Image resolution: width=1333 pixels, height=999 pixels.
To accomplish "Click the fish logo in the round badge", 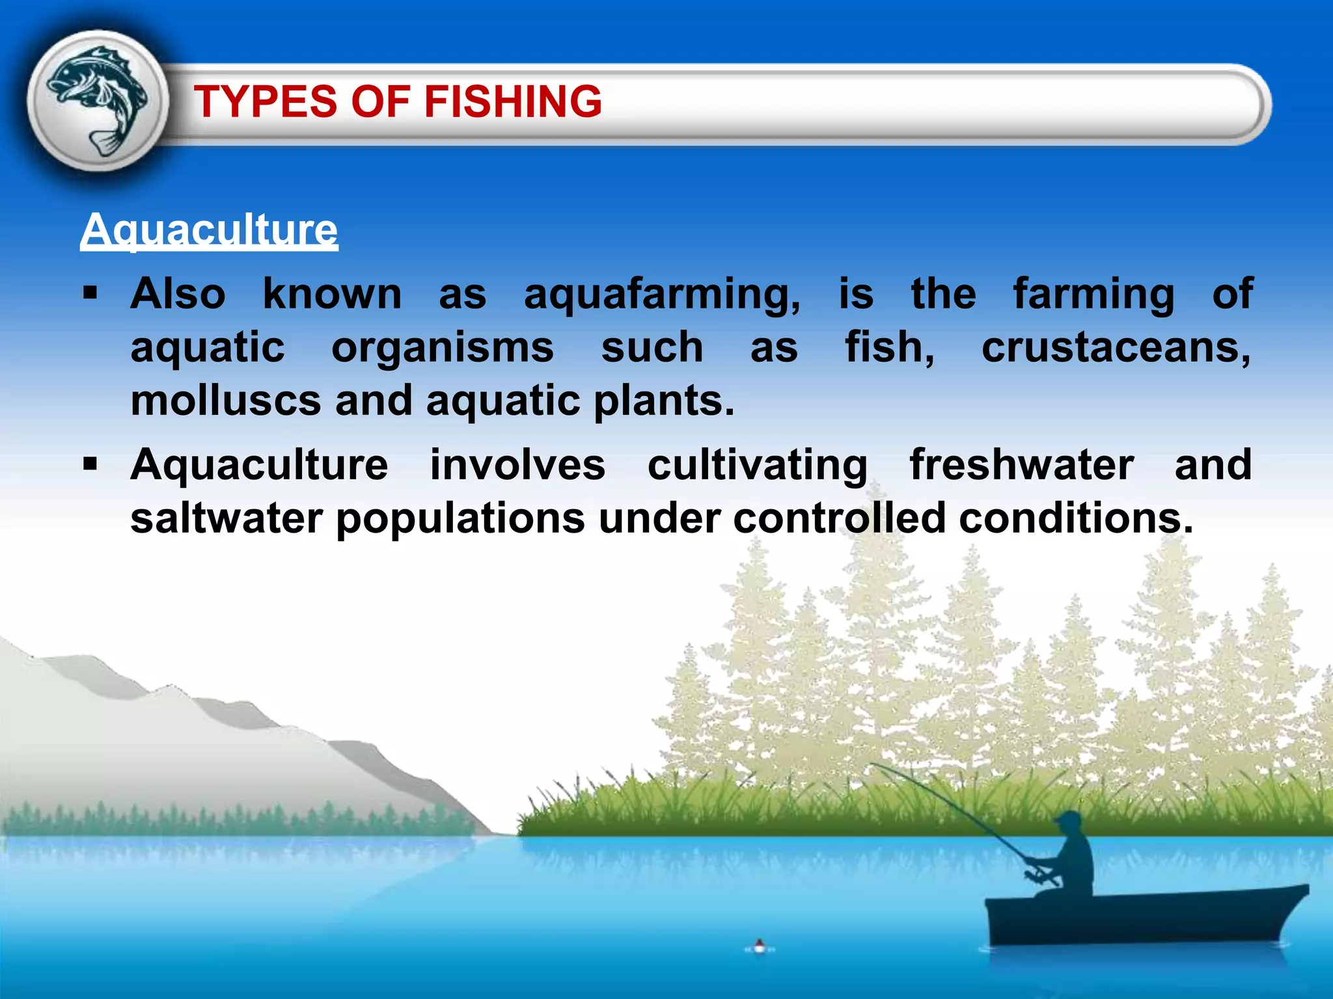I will [98, 100].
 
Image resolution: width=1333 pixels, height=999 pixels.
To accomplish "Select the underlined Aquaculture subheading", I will [209, 230].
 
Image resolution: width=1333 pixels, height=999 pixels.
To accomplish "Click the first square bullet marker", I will [90, 293].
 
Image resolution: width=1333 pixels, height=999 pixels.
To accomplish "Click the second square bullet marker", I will [90, 464].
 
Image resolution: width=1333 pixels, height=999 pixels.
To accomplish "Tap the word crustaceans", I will [1116, 347].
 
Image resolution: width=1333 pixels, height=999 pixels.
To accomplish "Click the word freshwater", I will [1021, 465].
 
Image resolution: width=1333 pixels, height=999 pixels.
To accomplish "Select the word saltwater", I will [226, 518].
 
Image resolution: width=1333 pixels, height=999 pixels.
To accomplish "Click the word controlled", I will [839, 518].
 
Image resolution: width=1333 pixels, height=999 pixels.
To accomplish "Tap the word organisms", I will [443, 349].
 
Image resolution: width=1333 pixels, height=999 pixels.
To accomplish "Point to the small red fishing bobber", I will [759, 945].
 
